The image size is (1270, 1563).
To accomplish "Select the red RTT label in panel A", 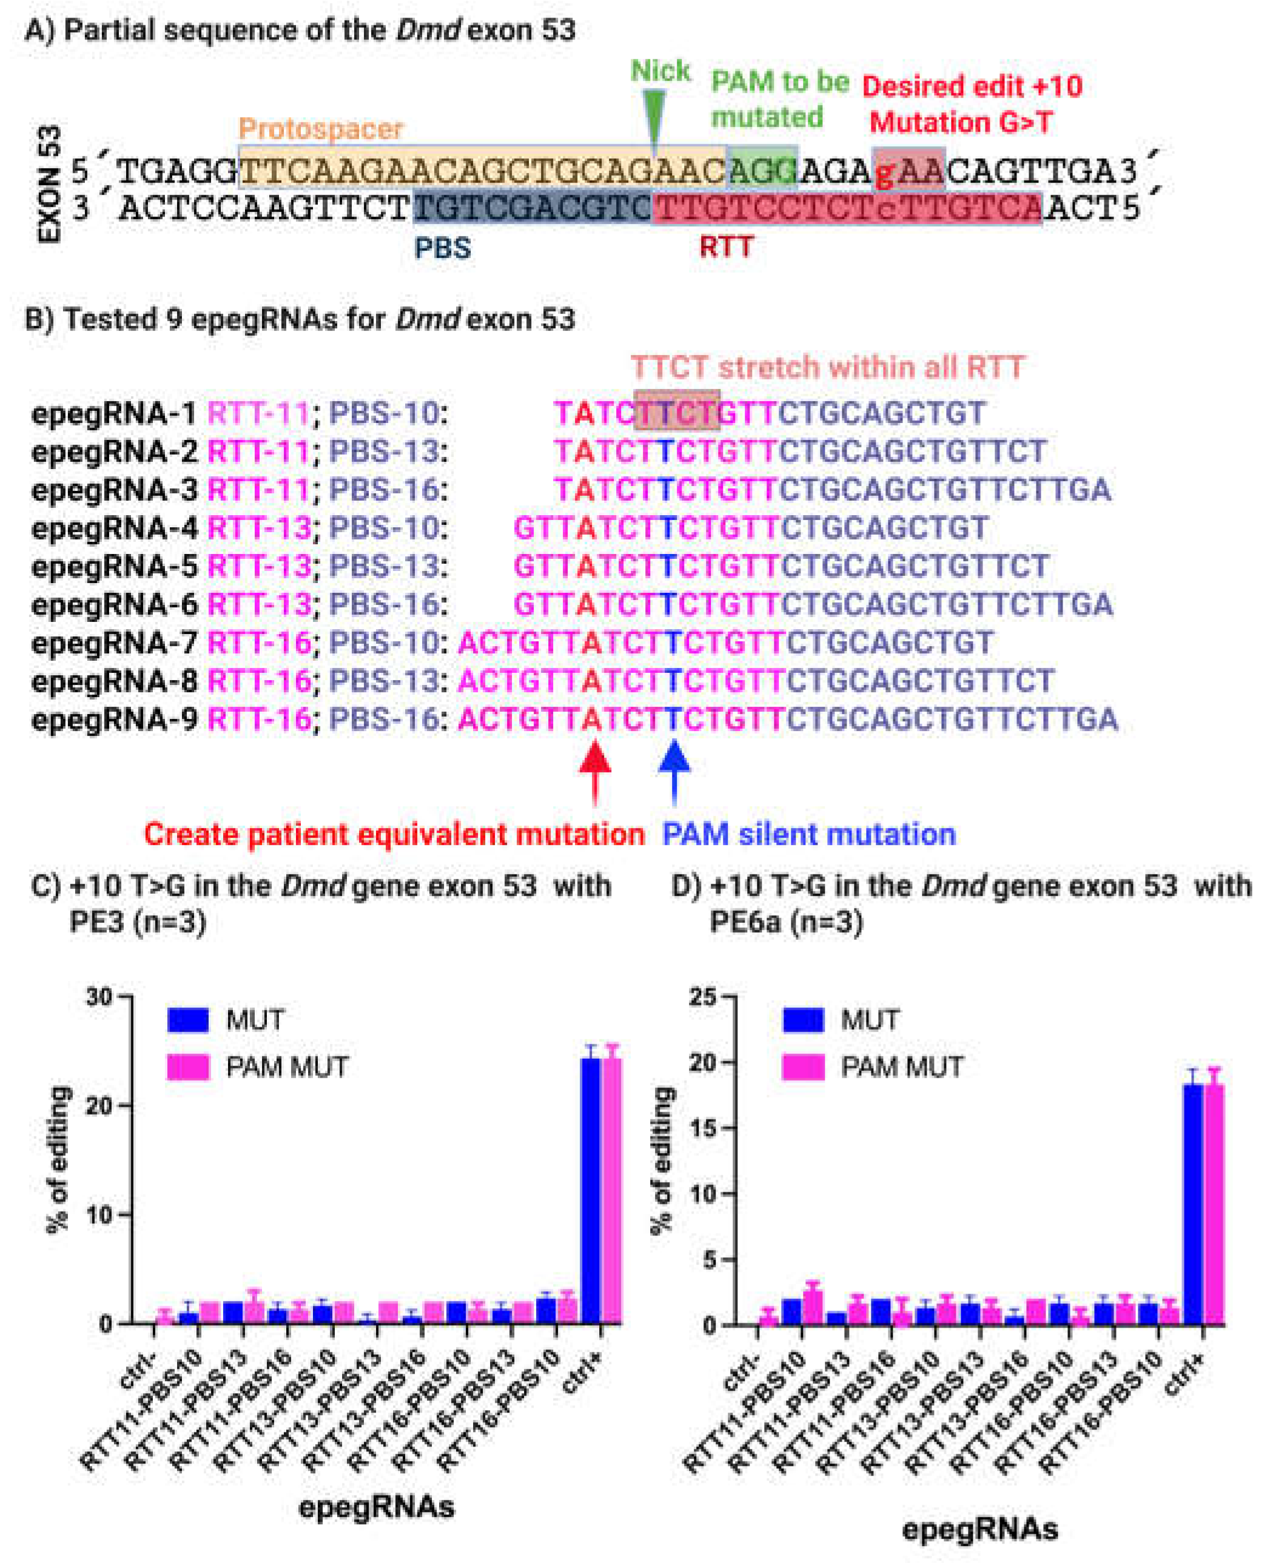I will pyautogui.click(x=726, y=248).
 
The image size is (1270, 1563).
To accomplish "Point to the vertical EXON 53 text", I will pyautogui.click(x=49, y=184).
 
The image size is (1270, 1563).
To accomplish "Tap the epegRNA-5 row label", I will pyautogui.click(x=114, y=566).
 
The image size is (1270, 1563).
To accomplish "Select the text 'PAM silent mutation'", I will pyautogui.click(x=808, y=834).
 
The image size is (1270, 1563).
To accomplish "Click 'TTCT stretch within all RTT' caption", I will pyautogui.click(x=827, y=367).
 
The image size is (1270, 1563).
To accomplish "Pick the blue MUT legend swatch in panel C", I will pyautogui.click(x=188, y=1020).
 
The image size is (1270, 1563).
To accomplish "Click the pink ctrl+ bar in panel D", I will pyautogui.click(x=1214, y=1207).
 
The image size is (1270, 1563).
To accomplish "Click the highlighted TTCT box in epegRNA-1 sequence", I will pyautogui.click(x=677, y=413).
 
